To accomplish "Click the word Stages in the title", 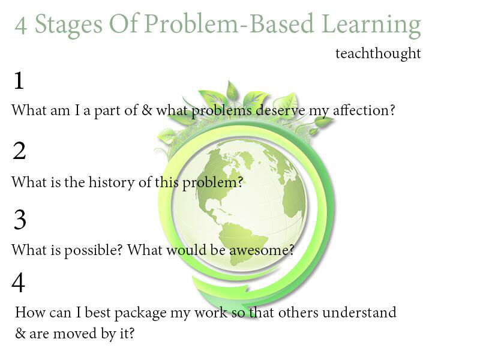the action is coord(68,25).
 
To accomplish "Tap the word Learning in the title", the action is coord(371,25).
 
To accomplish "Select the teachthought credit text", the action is coord(378,53).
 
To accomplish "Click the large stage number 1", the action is coord(19,80).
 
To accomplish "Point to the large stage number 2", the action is coord(19,151).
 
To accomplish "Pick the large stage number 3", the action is coord(20,220).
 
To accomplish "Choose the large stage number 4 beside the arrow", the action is coord(18,282).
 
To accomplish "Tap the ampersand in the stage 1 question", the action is coord(147,110).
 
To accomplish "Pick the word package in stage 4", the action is coord(140,313).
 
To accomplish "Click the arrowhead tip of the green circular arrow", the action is coord(241,306).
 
